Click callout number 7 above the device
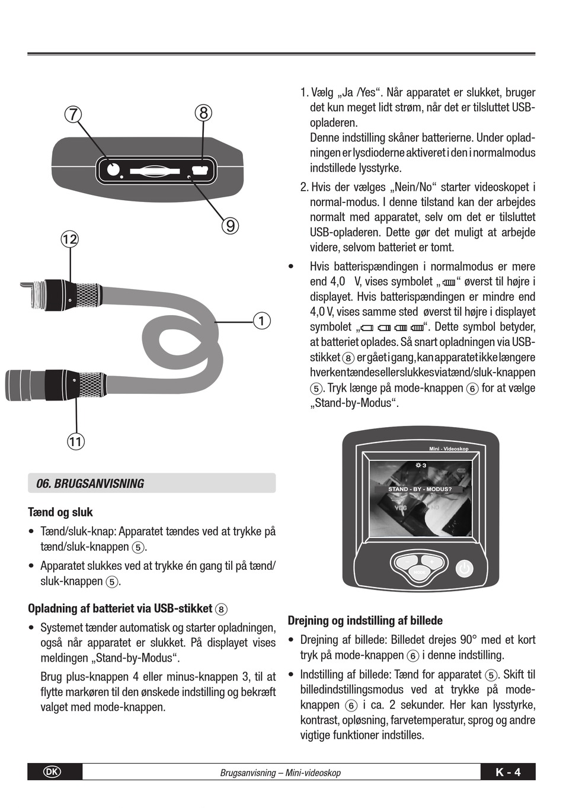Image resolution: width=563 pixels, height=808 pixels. click(x=72, y=114)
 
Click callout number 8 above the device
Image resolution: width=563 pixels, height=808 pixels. click(x=203, y=113)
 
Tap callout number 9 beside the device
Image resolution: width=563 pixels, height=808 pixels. click(x=230, y=225)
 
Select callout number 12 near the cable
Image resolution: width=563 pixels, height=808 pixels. click(x=70, y=239)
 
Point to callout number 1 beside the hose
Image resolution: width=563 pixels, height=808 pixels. click(x=261, y=321)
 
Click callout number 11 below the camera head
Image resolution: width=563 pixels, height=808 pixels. click(x=76, y=441)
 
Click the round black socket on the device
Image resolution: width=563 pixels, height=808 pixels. click(x=113, y=169)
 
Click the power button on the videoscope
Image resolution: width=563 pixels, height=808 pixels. click(x=465, y=569)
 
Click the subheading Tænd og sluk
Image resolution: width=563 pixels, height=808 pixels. click(x=60, y=512)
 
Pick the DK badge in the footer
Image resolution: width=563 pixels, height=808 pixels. click(x=52, y=772)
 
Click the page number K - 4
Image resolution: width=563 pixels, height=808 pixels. click(x=508, y=772)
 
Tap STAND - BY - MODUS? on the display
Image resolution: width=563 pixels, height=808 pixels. click(x=420, y=489)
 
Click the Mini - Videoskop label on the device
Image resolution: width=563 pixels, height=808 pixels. click(x=449, y=449)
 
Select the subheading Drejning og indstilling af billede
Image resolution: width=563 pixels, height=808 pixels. click(x=365, y=621)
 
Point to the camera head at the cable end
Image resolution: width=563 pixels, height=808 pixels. click(x=24, y=384)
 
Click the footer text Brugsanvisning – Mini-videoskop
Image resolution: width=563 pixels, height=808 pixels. click(x=280, y=772)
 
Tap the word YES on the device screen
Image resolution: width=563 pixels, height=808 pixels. click(x=401, y=508)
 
